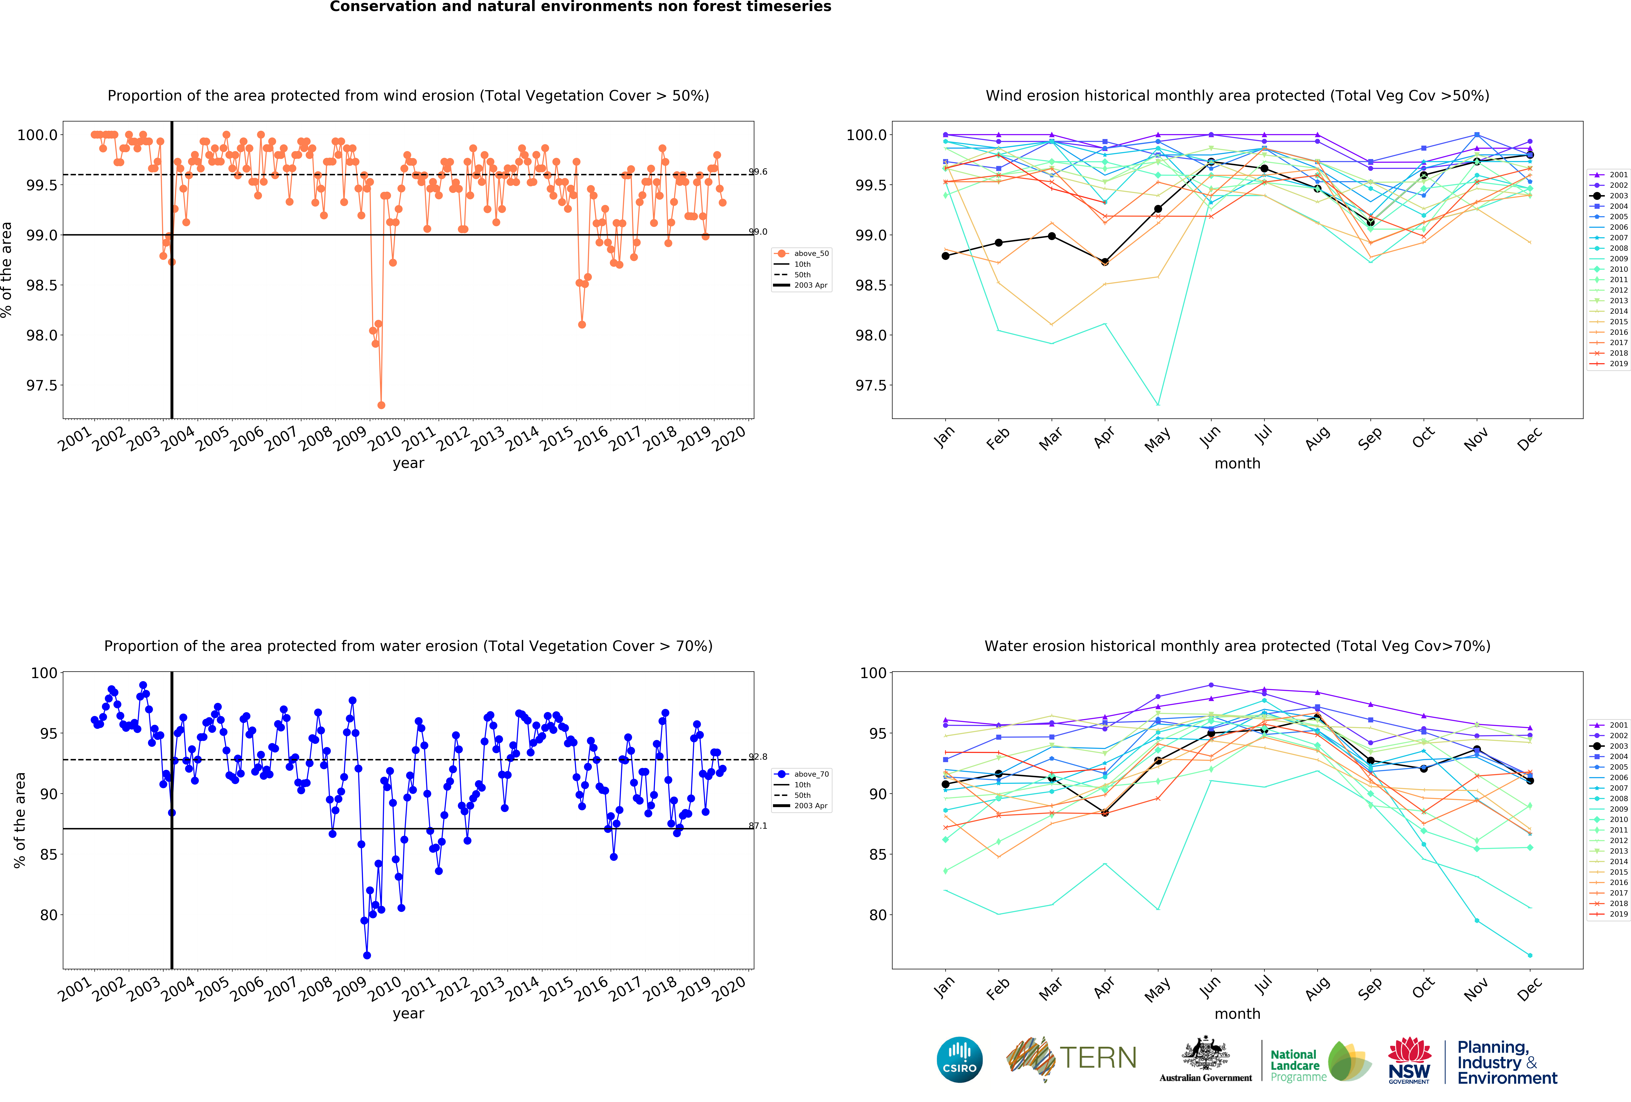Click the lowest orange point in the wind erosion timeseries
[x=381, y=405]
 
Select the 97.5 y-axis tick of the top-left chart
[x=42, y=385]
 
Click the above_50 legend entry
[x=811, y=253]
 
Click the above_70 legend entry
[x=811, y=774]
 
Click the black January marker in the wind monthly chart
[x=945, y=256]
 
